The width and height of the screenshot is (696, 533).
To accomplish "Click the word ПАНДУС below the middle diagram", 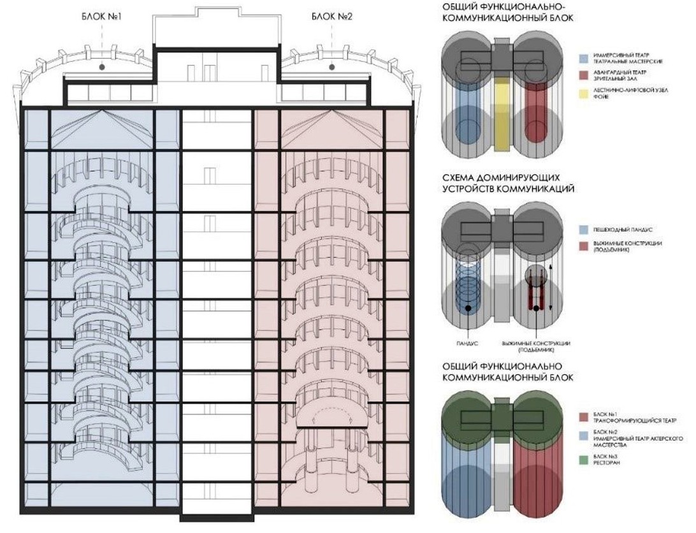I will click(467, 344).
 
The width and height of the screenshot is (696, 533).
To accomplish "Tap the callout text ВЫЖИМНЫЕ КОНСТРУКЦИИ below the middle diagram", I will click(535, 344).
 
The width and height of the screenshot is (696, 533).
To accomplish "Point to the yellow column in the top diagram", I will click(502, 121).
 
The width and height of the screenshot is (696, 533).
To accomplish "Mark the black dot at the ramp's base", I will click(468, 309).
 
